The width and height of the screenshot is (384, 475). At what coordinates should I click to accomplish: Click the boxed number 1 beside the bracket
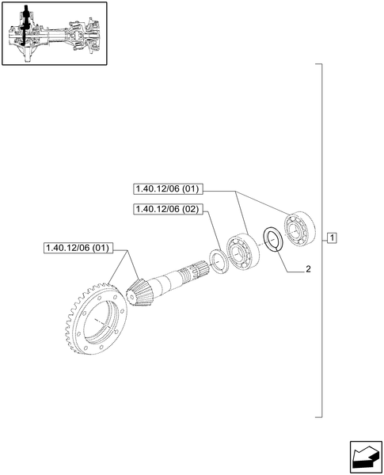[x=333, y=238]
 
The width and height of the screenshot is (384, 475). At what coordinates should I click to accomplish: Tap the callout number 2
[x=308, y=269]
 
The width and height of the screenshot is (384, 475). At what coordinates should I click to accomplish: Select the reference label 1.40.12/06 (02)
[x=169, y=209]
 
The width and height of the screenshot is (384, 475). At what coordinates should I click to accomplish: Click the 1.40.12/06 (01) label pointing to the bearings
[x=169, y=189]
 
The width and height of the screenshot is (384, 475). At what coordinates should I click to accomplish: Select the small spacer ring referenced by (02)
[x=218, y=262]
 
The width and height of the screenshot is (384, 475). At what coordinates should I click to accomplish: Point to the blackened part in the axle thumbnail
[x=27, y=24]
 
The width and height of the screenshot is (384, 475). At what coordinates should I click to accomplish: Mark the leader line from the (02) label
[x=212, y=230]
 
